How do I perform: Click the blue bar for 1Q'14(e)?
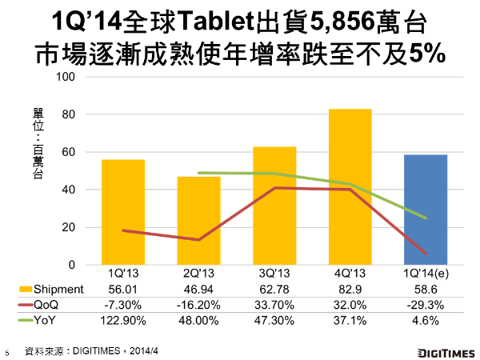click(425, 210)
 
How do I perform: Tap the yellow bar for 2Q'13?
click(198, 220)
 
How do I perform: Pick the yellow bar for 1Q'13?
click(122, 212)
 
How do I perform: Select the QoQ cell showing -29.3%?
click(426, 303)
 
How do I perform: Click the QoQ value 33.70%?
click(274, 303)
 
